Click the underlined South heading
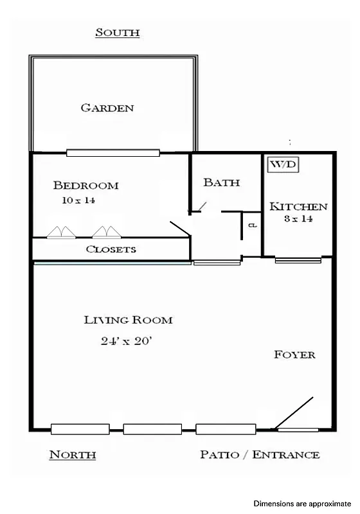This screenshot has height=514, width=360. coord(118,32)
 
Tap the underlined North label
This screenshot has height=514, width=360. coord(73,455)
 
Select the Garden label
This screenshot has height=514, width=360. coord(107,108)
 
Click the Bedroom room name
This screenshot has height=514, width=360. coord(85,186)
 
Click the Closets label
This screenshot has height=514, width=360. coord(111,249)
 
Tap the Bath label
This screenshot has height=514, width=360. coord(221,182)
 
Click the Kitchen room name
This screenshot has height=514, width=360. coord(298,207)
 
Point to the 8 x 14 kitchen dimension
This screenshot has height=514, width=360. coord(298,219)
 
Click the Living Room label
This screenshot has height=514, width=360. coord(129,320)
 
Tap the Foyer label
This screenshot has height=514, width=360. coord(294,354)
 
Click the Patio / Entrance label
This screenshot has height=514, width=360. coord(260,455)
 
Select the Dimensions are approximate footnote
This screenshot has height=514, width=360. coord(302,504)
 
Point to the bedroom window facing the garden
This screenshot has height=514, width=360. coord(113,153)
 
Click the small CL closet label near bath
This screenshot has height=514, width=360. coord(253,226)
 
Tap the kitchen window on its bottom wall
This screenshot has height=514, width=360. coord(298,260)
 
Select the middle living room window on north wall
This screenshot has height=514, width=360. coord(153,429)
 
